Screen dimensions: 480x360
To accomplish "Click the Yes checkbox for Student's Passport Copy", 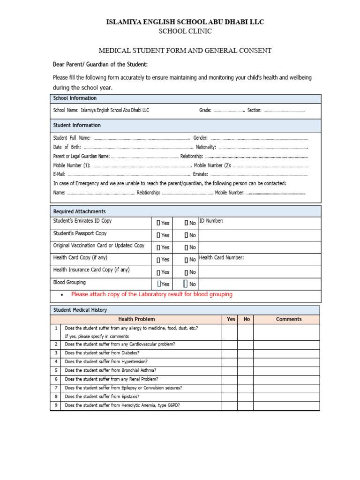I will coord(158,235).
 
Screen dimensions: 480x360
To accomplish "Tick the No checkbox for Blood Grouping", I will coord(186,284).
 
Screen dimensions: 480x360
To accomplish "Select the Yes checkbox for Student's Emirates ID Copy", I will coord(158,223).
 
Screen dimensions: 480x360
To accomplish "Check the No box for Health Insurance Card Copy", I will coord(186,272).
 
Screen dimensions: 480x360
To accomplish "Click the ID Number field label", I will coord(211,221).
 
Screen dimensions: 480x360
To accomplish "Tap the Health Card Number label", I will coord(221,257).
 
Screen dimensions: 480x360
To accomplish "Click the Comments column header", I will coord(289,319).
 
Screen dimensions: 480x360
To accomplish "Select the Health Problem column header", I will coord(136,319).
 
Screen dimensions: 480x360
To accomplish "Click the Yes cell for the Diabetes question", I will coord(229,353).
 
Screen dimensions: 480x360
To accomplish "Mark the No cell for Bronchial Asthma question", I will coord(245,370).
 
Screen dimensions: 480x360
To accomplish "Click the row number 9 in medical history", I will coord(56,405).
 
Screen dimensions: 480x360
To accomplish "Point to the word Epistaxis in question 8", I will coord(129,397).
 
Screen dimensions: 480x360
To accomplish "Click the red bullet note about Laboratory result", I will coord(151,294).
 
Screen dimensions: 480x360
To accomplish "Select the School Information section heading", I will coord(75,98).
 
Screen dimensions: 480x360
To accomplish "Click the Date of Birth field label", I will coord(67,147).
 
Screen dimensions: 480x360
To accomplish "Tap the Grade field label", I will coord(205,111).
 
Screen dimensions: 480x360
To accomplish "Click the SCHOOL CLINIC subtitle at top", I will coord(185,31).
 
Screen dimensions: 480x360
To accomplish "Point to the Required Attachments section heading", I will coord(79,211).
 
